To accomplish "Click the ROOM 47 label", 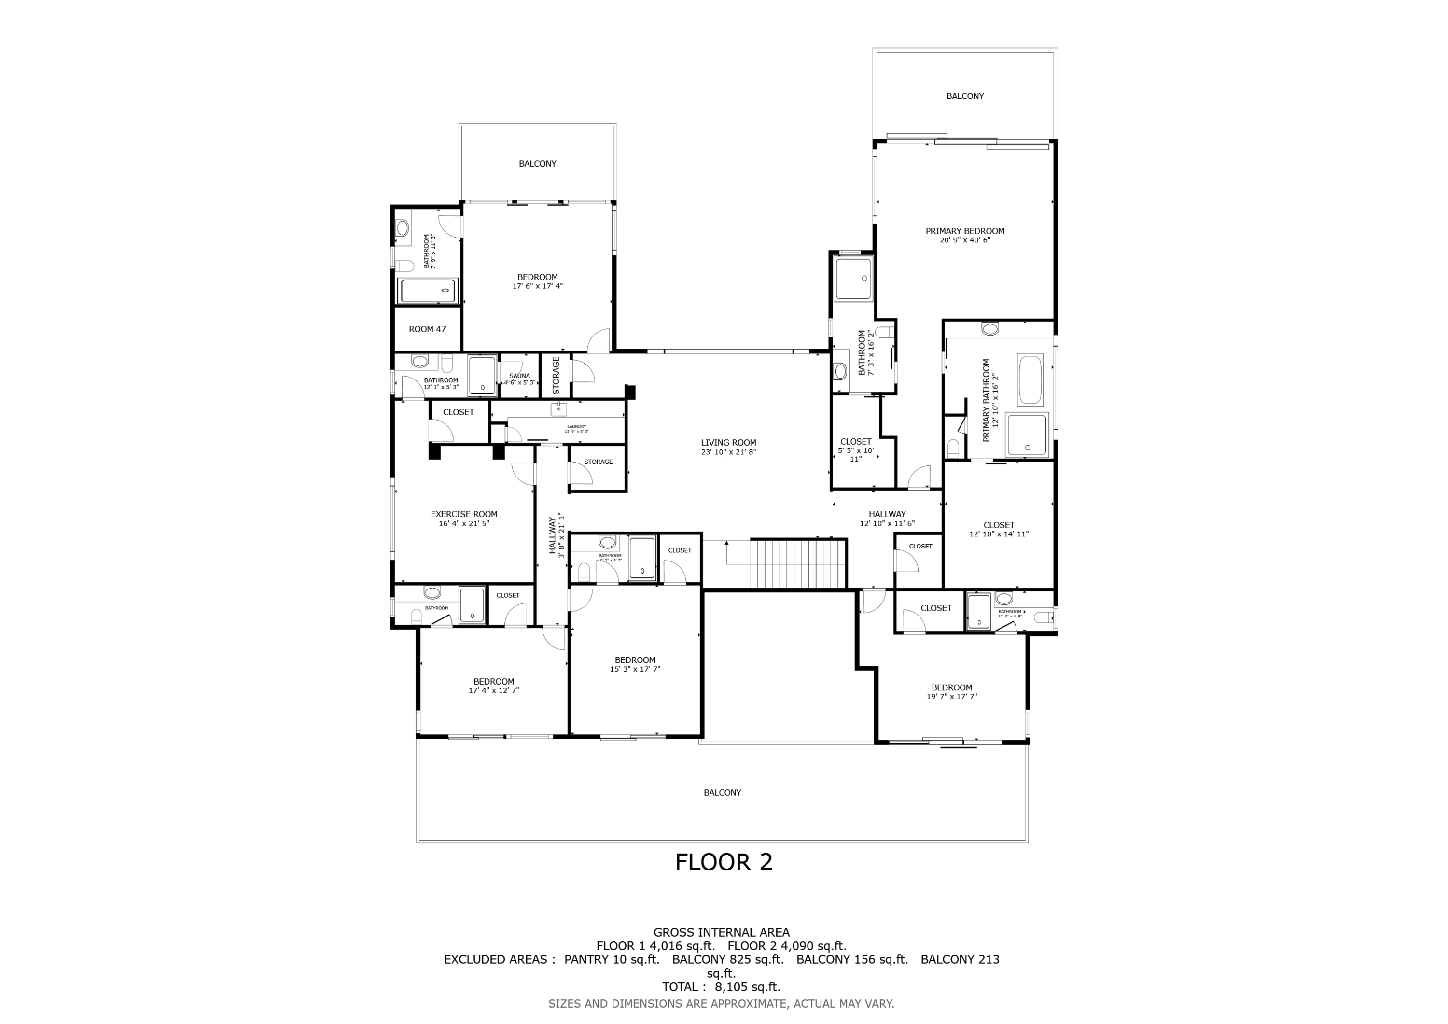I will click(427, 329).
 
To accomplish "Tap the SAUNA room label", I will click(520, 376).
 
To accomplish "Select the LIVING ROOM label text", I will click(728, 443).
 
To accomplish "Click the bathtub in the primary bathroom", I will click(1030, 380).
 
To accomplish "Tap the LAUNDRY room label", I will click(576, 426).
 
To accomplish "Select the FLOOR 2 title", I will click(724, 862).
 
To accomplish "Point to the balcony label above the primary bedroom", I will click(965, 97).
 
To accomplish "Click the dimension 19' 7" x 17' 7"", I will click(952, 697).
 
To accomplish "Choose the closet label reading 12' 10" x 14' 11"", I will click(998, 534).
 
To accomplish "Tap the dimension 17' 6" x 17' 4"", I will click(537, 286).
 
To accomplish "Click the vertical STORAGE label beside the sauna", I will click(556, 376).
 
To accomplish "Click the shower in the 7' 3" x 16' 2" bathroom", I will click(853, 278).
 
